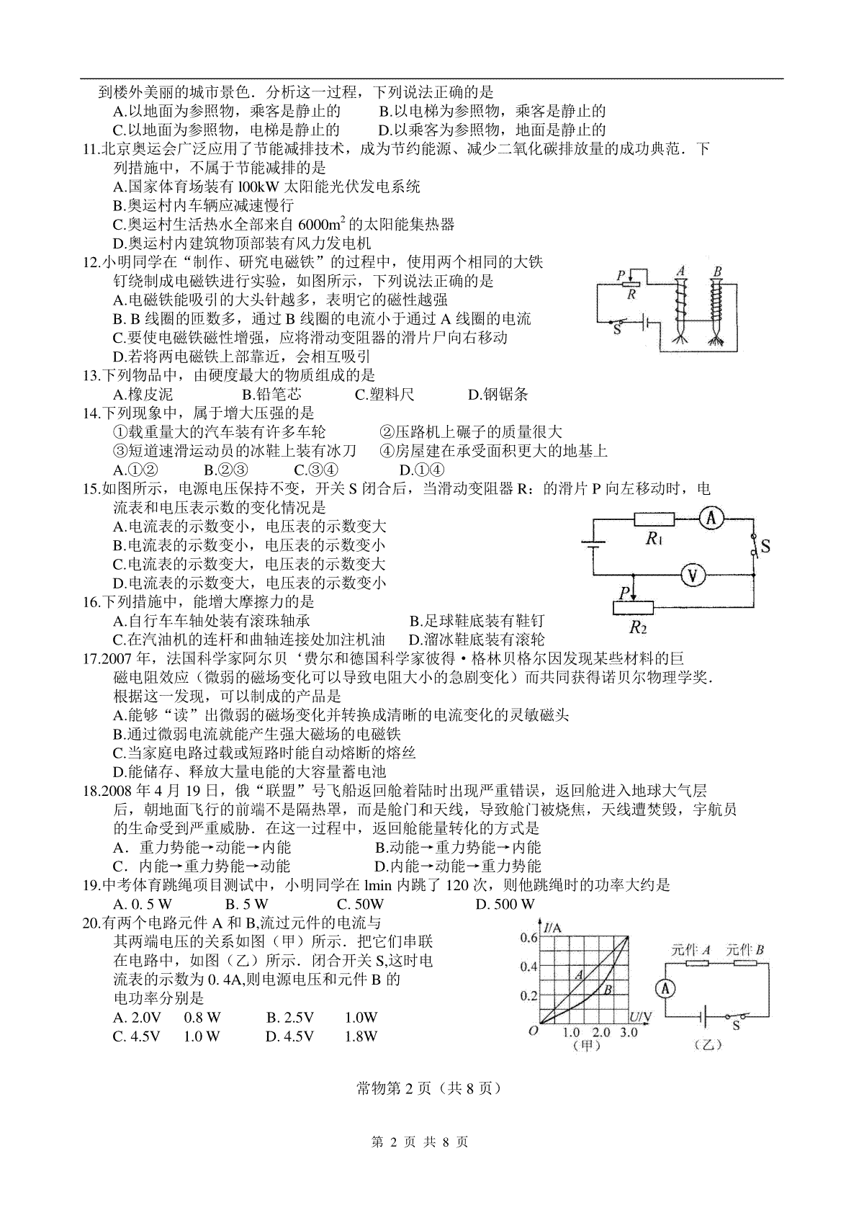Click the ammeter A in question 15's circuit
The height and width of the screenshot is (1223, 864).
coord(711,519)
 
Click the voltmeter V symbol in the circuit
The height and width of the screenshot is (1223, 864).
coord(693,575)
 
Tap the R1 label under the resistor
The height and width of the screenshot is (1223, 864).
coord(654,538)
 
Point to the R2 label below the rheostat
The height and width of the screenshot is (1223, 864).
coord(638,627)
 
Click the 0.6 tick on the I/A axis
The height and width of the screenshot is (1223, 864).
coord(528,937)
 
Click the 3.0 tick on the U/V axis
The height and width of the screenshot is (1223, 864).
coord(628,1031)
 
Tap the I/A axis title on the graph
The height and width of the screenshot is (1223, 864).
coord(553,928)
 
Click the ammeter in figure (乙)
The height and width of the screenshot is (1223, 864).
coord(666,988)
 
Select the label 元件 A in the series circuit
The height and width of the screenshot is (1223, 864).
coord(690,949)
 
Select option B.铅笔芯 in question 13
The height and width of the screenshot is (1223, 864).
coord(271,394)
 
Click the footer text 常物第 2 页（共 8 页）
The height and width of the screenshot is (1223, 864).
coord(428,1088)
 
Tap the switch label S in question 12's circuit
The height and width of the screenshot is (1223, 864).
coord(617,329)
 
